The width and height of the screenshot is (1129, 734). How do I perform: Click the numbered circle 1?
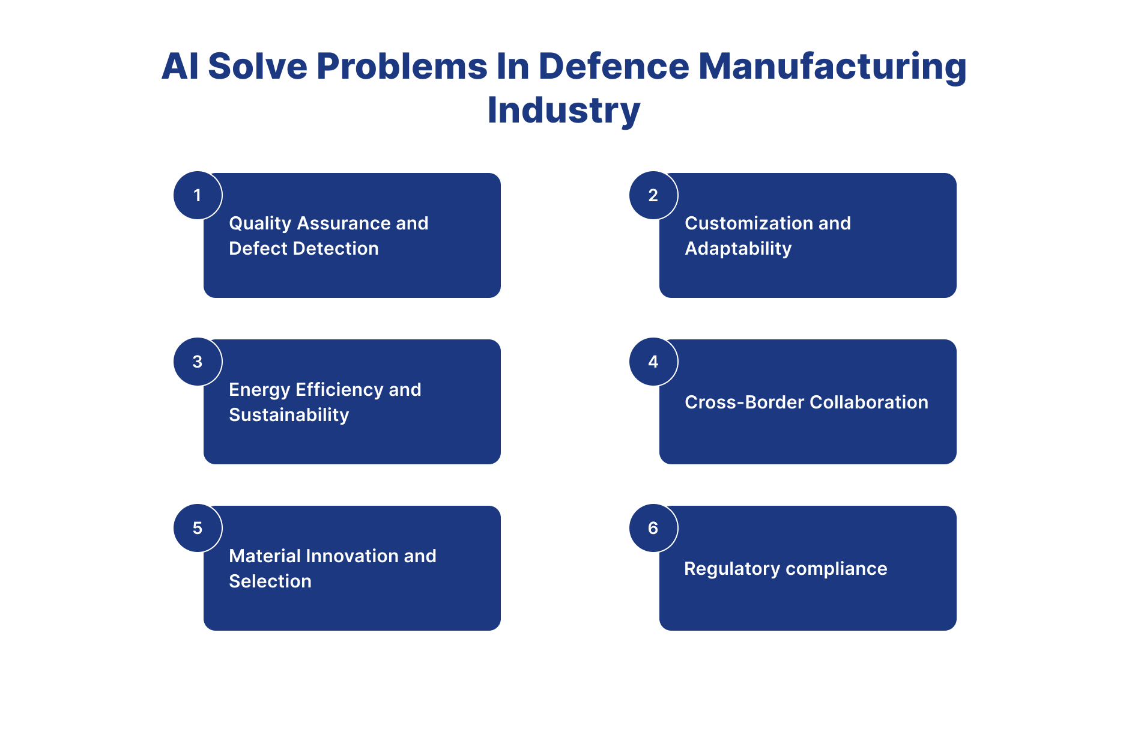(x=198, y=195)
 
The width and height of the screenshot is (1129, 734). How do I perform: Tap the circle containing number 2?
(x=653, y=195)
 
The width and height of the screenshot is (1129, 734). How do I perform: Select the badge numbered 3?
(x=198, y=362)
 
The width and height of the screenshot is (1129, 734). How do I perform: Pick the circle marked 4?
(x=653, y=362)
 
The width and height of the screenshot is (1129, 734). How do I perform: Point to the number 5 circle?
(x=198, y=528)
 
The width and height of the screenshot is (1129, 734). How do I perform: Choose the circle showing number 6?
(x=653, y=528)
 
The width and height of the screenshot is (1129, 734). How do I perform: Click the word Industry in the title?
(x=564, y=111)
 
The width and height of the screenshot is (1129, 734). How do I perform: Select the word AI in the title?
(x=180, y=66)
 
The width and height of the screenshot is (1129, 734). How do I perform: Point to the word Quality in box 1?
(x=260, y=223)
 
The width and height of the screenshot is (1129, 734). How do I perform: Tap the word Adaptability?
(x=738, y=249)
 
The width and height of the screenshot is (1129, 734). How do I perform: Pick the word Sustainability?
(x=289, y=415)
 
